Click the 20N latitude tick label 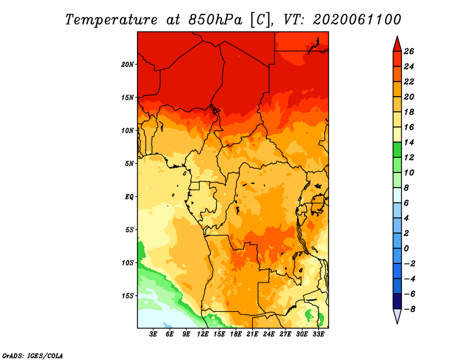point(128,64)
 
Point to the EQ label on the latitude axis point(130,196)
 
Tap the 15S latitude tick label point(128,295)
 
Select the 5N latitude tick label point(129,163)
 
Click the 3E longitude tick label point(154,334)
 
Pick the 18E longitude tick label point(236,334)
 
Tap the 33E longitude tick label point(318,334)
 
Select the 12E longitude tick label point(203,334)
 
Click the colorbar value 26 point(409,51)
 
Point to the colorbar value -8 point(409,309)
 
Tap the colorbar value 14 point(409,142)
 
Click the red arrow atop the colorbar point(397,44)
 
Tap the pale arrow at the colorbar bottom point(397,316)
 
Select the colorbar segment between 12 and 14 point(397,150)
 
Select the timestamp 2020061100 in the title point(357,19)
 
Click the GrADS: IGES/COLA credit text point(32,355)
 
